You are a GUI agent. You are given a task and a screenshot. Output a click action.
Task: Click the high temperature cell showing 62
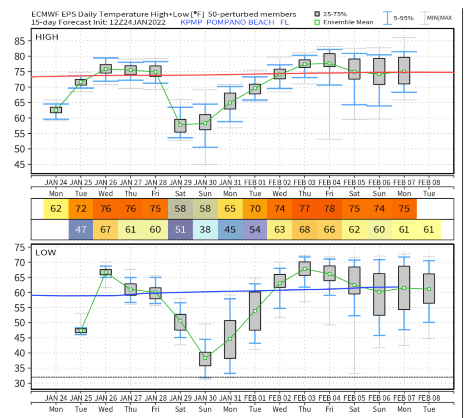point(56,210)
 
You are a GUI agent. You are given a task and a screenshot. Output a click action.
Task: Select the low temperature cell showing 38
point(205,230)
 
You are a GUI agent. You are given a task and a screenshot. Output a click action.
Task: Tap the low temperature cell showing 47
point(80,230)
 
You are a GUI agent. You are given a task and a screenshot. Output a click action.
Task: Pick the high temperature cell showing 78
point(329,210)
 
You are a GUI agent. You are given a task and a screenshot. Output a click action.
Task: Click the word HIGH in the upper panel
point(48,37)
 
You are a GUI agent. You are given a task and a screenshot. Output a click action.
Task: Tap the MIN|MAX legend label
point(439,18)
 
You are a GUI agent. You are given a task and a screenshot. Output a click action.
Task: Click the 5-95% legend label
point(404,18)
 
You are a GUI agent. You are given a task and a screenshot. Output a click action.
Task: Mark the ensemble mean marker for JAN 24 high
point(56,110)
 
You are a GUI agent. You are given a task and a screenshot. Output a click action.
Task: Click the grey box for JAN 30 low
point(205,359)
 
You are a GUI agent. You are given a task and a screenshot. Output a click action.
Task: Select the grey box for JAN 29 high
point(180,126)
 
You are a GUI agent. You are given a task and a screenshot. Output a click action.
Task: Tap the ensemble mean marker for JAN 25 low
point(80,331)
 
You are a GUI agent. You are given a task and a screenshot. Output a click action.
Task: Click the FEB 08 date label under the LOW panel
point(428,398)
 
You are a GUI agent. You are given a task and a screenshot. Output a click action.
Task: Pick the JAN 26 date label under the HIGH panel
point(105,182)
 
